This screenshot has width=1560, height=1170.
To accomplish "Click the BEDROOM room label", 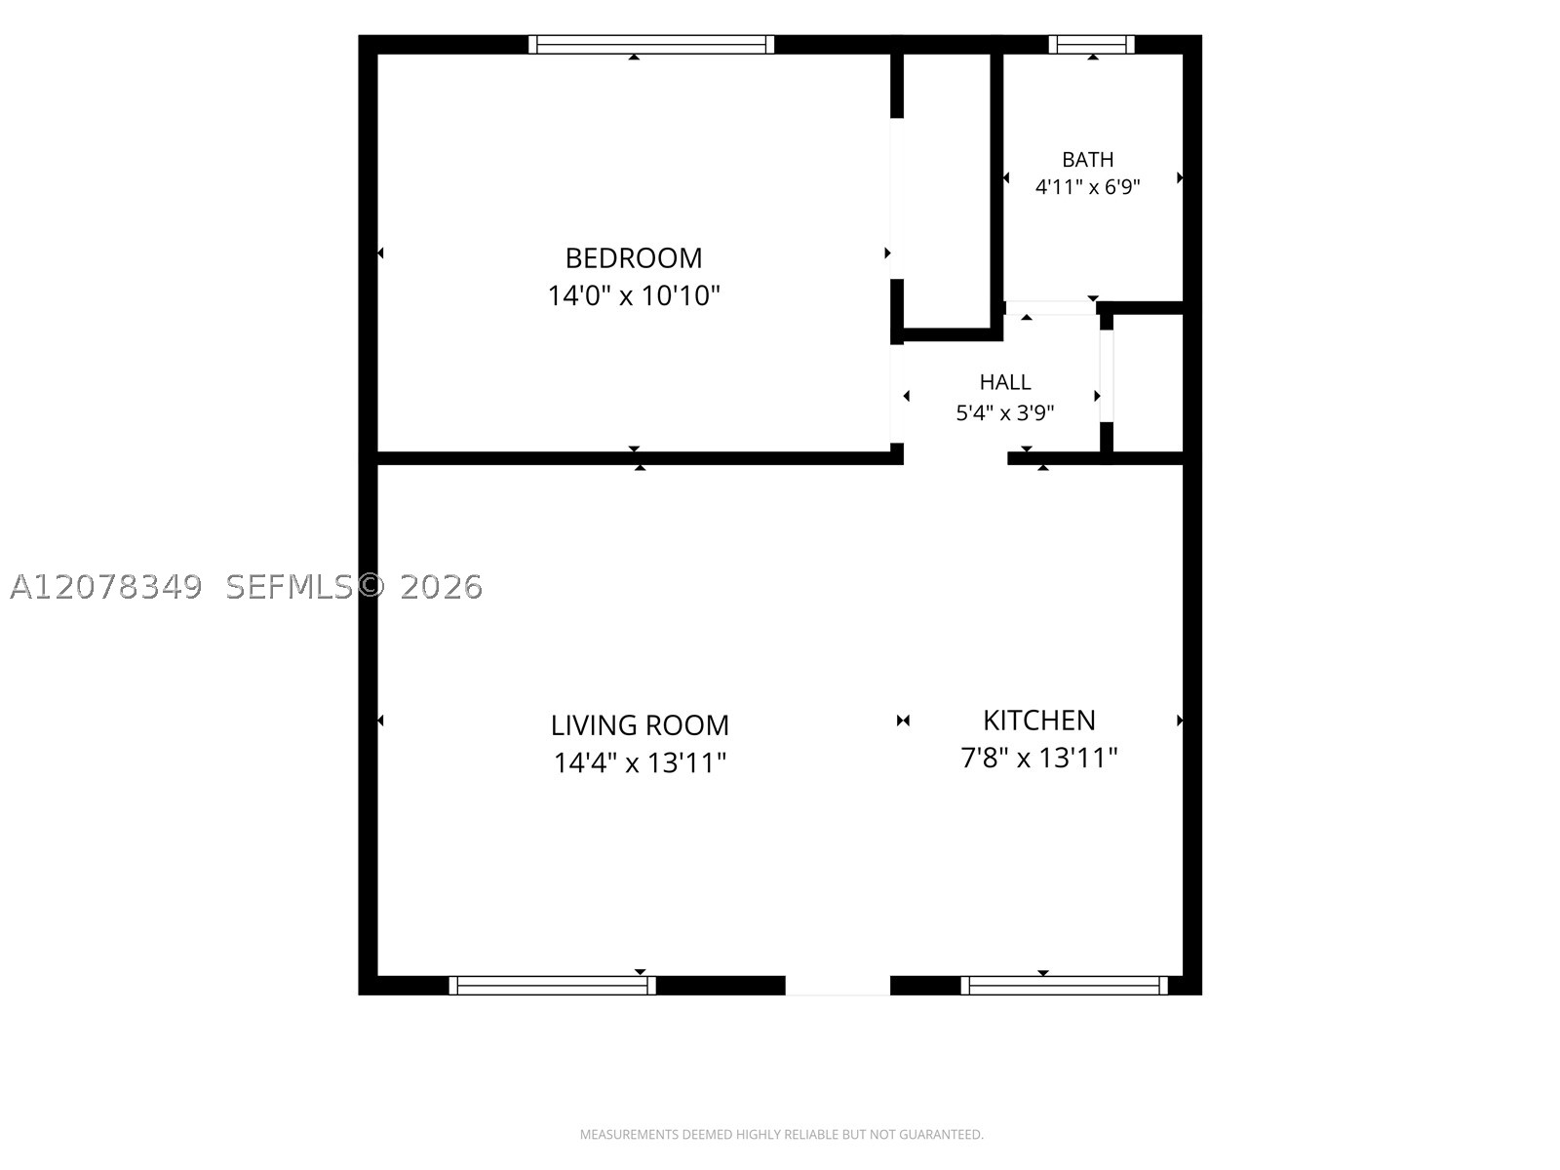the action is [633, 258].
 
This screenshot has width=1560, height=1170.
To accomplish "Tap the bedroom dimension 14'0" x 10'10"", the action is [633, 295].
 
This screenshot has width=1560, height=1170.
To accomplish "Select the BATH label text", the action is [1087, 160].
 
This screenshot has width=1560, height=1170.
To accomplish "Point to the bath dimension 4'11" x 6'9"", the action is [1087, 187].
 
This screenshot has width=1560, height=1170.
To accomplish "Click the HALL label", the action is [1005, 382].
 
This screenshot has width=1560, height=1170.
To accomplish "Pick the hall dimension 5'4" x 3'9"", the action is [1005, 412].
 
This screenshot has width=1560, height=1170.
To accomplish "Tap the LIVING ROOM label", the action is [640, 725].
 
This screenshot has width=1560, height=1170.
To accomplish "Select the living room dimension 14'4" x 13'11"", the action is [640, 763].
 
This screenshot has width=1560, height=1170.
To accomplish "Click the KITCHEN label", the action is [1039, 721].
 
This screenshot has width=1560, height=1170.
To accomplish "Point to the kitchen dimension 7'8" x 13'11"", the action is [1039, 758].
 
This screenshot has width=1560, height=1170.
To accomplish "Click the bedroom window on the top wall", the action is [651, 44].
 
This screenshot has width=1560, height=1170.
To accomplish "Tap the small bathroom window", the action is [1092, 44].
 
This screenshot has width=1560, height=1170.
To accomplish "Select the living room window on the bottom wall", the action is [552, 986].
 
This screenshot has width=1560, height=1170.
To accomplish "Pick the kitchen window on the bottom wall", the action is [1064, 986].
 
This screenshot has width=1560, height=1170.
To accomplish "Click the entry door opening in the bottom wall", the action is [838, 986].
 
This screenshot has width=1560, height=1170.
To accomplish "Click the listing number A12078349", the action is [106, 587].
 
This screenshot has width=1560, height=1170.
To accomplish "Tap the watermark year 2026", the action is [442, 587].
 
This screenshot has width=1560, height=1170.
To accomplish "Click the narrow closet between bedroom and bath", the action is [947, 190].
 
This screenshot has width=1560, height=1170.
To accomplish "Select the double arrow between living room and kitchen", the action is [903, 721].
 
